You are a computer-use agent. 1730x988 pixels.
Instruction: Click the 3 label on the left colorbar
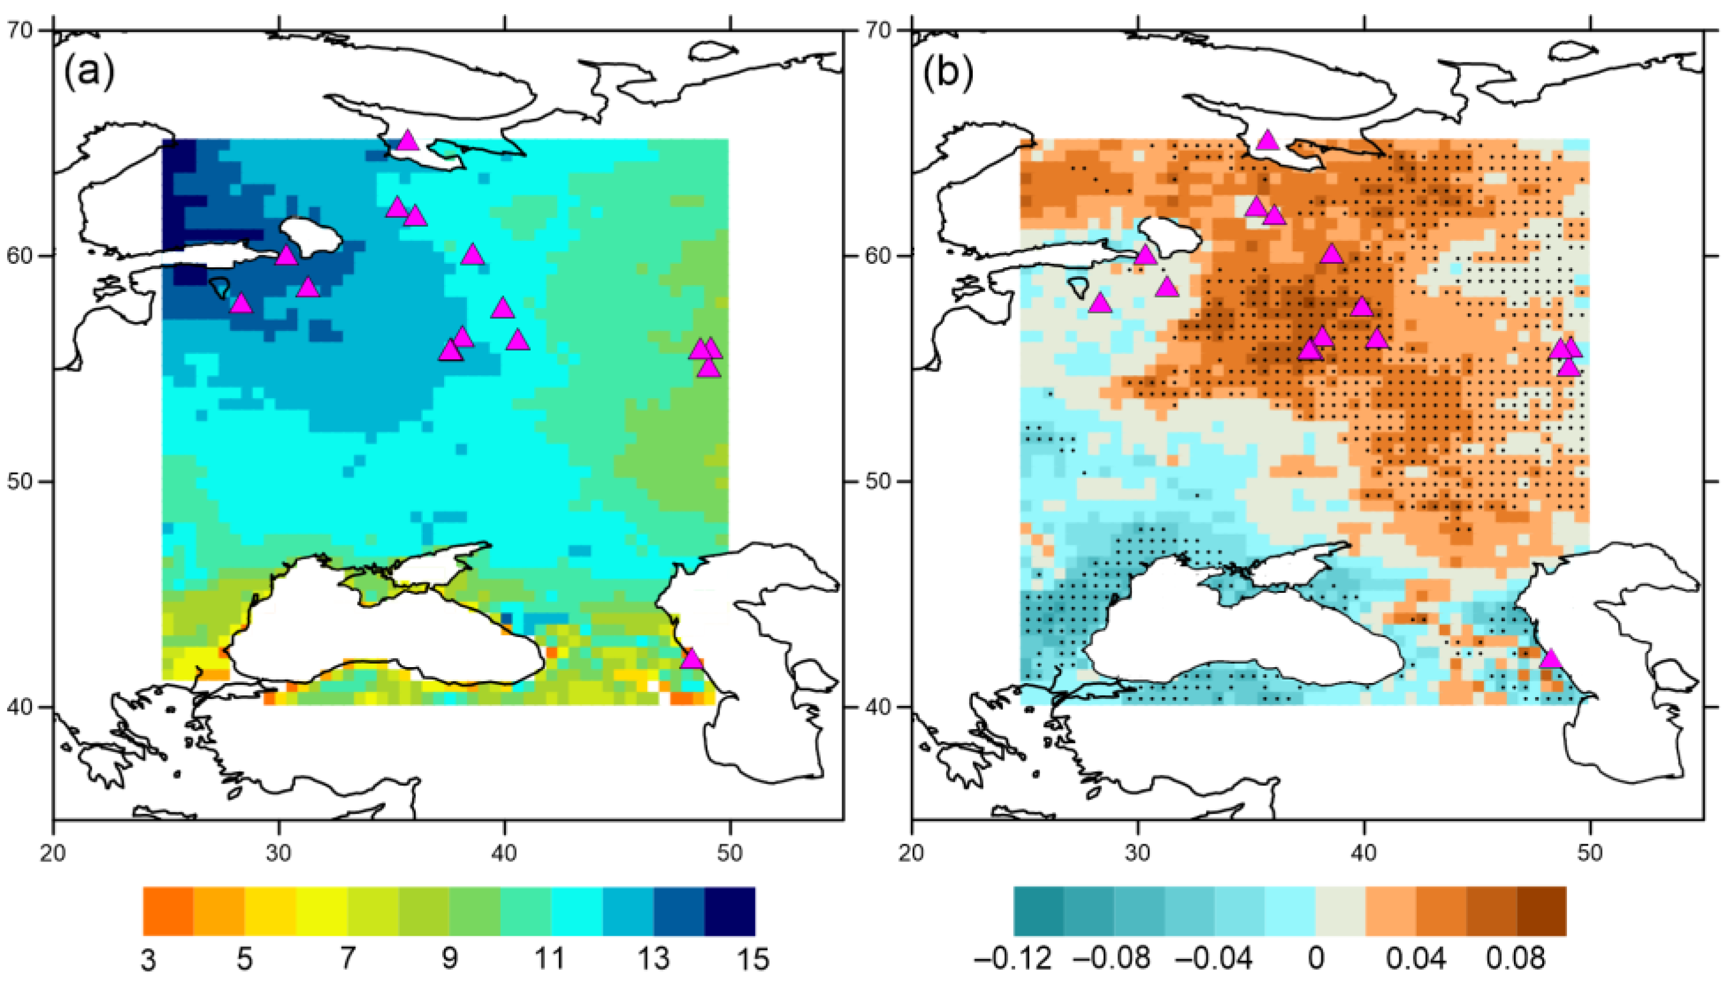(148, 959)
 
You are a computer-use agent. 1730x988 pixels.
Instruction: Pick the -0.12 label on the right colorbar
(1013, 959)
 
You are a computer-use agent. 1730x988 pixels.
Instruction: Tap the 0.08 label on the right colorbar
(1516, 959)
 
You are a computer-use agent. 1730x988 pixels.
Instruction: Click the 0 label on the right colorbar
(1315, 959)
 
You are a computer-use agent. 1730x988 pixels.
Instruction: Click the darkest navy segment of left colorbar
(730, 911)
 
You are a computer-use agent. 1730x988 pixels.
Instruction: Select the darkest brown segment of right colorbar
(1541, 911)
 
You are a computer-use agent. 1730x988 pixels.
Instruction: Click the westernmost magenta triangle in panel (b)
(1101, 303)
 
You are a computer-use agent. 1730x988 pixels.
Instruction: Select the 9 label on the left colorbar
(450, 959)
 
